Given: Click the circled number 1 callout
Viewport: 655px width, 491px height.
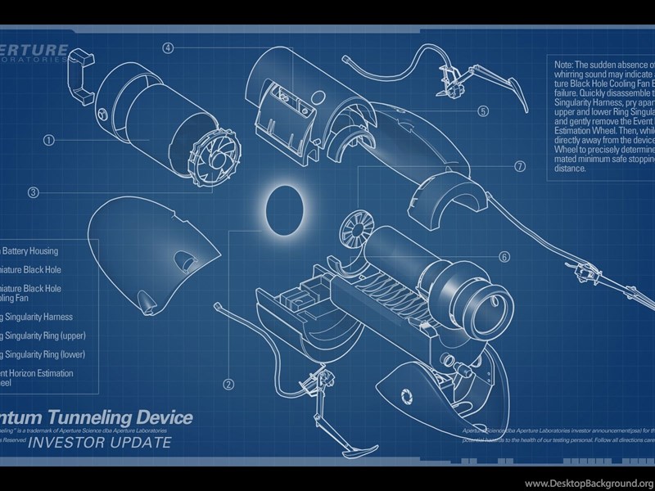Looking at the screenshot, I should pyautogui.click(x=49, y=140).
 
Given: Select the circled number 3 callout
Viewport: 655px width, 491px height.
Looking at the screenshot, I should pyautogui.click(x=34, y=193).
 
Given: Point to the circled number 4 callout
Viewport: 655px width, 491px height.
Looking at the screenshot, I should pyautogui.click(x=168, y=48).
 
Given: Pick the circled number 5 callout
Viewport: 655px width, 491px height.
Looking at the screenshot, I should pyautogui.click(x=483, y=111).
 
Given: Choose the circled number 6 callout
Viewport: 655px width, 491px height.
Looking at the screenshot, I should pyautogui.click(x=504, y=257).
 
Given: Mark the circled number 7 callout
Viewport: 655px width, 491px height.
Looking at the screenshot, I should pyautogui.click(x=520, y=166).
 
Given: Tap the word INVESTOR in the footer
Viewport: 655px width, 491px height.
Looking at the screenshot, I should pyautogui.click(x=69, y=444).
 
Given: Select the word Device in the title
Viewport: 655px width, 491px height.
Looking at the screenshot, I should pyautogui.click(x=168, y=418).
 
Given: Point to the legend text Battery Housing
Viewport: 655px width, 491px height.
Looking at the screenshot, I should pyautogui.click(x=30, y=251).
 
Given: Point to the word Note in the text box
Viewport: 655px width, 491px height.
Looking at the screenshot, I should pyautogui.click(x=565, y=65).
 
